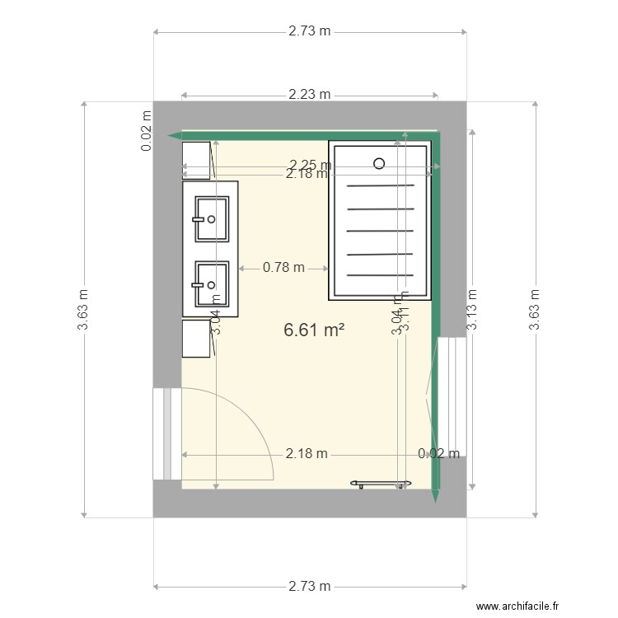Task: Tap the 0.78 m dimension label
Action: (283, 267)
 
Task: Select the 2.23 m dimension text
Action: (310, 95)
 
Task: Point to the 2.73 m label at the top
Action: (310, 32)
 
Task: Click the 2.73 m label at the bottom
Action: (310, 586)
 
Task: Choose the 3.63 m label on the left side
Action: (82, 310)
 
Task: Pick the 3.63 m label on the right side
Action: (535, 310)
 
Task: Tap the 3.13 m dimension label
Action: (473, 310)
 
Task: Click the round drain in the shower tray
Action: (379, 163)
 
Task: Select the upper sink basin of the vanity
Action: (212, 219)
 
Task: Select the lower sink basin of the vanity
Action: (212, 284)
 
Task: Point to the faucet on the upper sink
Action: (199, 219)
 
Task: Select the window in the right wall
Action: (452, 396)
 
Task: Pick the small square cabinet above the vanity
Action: (197, 160)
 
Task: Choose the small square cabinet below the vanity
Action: (197, 339)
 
